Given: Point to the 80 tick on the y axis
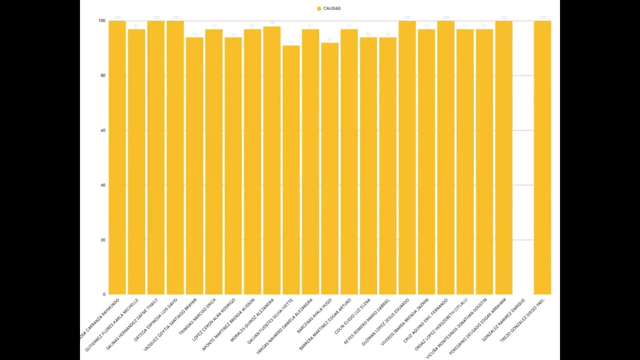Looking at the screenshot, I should tap(102, 75).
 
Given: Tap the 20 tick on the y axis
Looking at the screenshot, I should tap(102, 240).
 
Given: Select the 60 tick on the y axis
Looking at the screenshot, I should tap(102, 130).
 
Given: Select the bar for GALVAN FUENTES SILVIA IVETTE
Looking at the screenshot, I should tap(291, 170).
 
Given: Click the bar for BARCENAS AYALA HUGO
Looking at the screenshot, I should tap(329, 170).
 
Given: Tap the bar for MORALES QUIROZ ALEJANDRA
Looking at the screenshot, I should tap(271, 160).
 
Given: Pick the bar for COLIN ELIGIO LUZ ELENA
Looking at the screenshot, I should tap(368, 165).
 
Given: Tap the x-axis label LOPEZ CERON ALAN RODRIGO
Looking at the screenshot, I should tap(214, 320).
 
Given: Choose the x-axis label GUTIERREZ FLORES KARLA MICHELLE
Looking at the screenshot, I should tap(112, 324).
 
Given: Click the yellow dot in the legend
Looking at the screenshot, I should tap(319, 8).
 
